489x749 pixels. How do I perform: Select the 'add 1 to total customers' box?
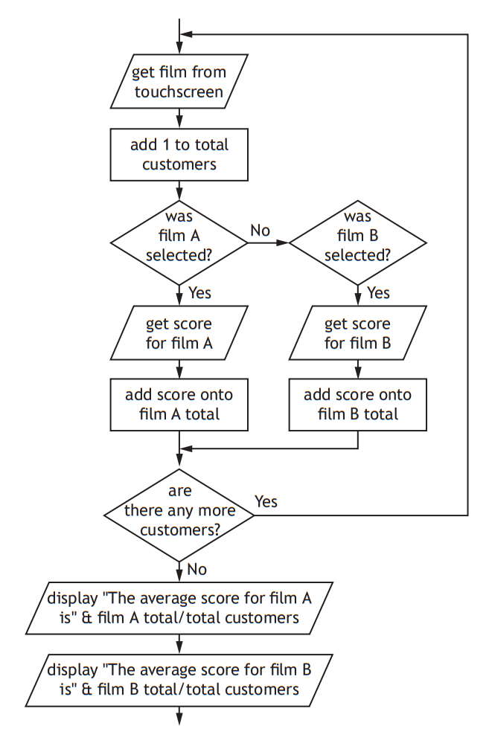click(179, 155)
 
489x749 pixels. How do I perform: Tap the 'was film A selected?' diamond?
click(179, 242)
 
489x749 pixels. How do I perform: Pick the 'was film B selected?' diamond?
click(358, 242)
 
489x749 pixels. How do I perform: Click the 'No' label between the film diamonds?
click(260, 231)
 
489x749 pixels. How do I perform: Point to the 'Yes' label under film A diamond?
click(199, 292)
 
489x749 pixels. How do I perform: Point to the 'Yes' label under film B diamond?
click(378, 292)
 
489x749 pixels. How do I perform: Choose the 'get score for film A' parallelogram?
click(179, 333)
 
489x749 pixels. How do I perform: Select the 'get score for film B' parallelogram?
click(358, 333)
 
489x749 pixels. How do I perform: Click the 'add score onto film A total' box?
click(179, 404)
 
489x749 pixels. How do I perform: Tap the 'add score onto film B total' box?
click(358, 404)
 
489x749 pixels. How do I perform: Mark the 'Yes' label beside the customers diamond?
click(266, 501)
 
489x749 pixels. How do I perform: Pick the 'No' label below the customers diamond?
click(197, 570)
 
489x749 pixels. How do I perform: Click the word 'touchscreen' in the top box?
click(179, 92)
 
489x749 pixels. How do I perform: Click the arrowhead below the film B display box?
click(179, 718)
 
